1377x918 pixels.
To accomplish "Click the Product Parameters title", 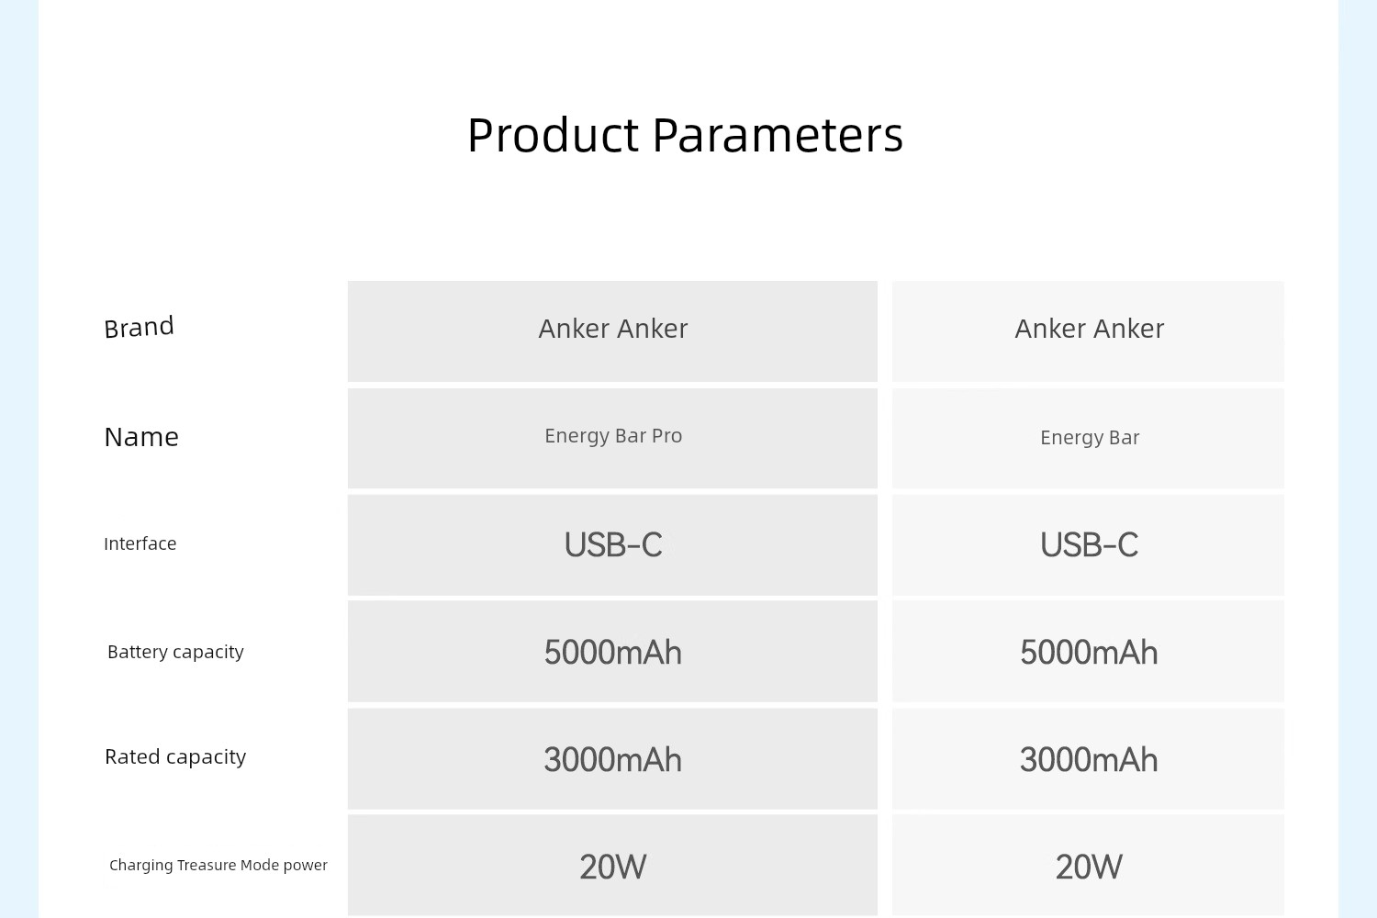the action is coord(685,135).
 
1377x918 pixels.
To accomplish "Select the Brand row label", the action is coord(139,327).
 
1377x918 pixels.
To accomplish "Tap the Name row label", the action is coord(141,437).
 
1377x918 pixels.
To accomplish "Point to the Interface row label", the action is coord(140,543).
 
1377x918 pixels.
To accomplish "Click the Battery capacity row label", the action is coord(176,652).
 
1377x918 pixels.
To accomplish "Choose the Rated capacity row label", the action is coord(175,757).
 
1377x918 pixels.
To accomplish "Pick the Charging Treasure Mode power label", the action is coord(218,865).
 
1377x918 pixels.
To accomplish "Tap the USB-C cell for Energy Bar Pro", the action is coord(613,544).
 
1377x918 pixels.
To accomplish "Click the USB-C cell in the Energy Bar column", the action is coord(1089,544).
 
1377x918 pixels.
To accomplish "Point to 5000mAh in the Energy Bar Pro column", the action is coord(613,653).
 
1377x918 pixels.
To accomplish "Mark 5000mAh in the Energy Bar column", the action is coord(1089,653).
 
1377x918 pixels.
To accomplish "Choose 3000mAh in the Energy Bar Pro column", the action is coord(613,760).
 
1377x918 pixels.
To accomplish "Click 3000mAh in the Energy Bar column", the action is coord(1089,760).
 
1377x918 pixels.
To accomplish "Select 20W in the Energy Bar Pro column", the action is coord(613,867).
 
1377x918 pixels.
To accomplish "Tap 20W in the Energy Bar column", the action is coord(1089,867).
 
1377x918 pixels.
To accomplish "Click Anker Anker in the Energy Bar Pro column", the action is coord(613,329).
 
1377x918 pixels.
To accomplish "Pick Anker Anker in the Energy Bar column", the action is coord(1090,329).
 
